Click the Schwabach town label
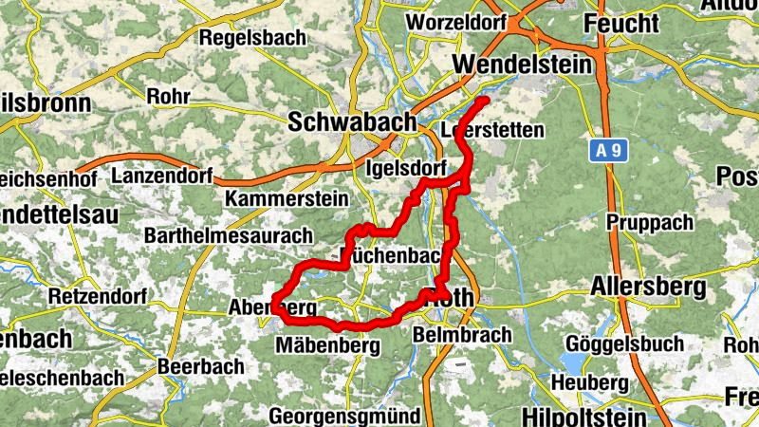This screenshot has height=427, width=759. tap(352, 121)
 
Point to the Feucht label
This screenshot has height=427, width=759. tap(622, 21)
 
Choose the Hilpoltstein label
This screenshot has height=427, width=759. tap(583, 416)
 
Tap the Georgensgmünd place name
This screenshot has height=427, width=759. tap(344, 416)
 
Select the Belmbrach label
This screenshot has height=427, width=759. tap(463, 335)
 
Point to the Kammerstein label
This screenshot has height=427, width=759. tap(287, 199)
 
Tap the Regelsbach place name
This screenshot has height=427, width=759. tap(253, 38)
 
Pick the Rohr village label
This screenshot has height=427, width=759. tap(169, 96)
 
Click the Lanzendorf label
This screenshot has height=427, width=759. tap(158, 176)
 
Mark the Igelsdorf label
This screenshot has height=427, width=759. tap(405, 167)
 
